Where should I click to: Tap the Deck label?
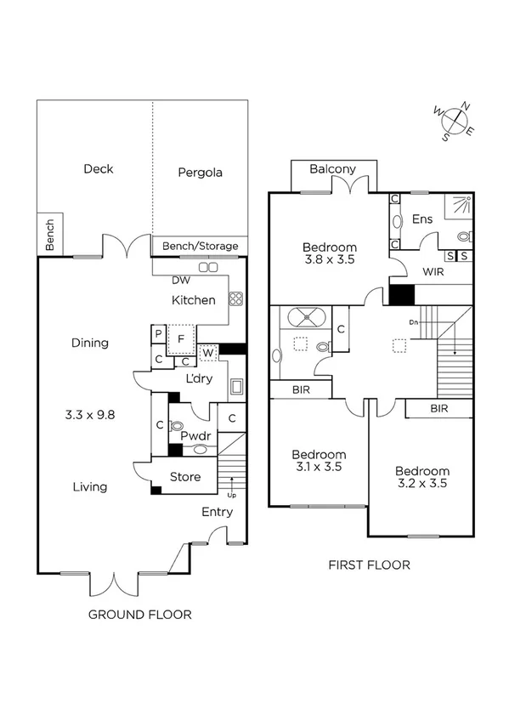point(98,168)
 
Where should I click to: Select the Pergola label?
point(200,173)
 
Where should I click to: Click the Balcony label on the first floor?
point(332,169)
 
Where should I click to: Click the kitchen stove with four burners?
point(235,298)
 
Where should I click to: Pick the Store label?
point(185,477)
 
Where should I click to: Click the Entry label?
point(217,512)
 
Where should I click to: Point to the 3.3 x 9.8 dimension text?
point(89,416)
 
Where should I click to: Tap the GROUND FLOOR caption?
point(140,615)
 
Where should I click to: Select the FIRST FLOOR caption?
point(369,565)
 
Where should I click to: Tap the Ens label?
point(422,219)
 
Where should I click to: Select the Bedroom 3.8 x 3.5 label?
point(330,255)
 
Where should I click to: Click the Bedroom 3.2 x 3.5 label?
point(421,479)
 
